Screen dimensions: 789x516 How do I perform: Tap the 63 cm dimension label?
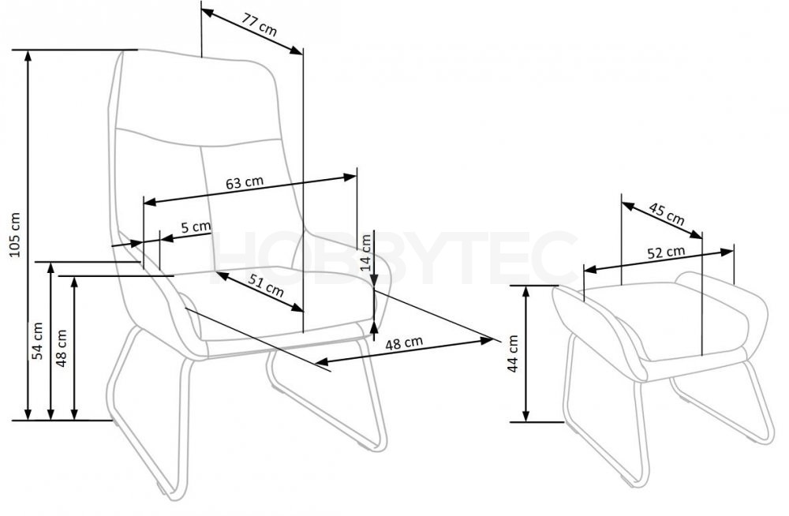(244, 183)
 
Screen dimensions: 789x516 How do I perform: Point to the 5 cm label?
(195, 226)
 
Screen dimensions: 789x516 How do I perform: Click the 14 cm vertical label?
(366, 252)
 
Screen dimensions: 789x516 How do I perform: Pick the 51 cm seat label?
(266, 286)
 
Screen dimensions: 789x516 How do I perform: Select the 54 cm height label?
(38, 341)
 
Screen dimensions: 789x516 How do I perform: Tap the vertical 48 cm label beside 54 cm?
(62, 348)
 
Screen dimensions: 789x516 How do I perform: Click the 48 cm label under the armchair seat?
(404, 343)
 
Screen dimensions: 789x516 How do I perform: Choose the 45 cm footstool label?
(667, 214)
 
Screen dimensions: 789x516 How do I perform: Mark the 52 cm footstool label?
(666, 252)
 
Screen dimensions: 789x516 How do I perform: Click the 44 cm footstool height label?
(513, 354)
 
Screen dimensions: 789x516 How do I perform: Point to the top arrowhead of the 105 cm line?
(28, 55)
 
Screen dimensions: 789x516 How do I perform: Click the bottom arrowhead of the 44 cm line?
(525, 417)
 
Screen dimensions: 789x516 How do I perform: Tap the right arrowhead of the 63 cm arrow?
(350, 177)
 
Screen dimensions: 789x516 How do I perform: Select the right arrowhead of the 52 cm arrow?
(727, 252)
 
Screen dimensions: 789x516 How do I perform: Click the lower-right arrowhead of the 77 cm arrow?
(297, 50)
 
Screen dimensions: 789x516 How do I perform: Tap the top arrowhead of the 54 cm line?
(50, 267)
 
